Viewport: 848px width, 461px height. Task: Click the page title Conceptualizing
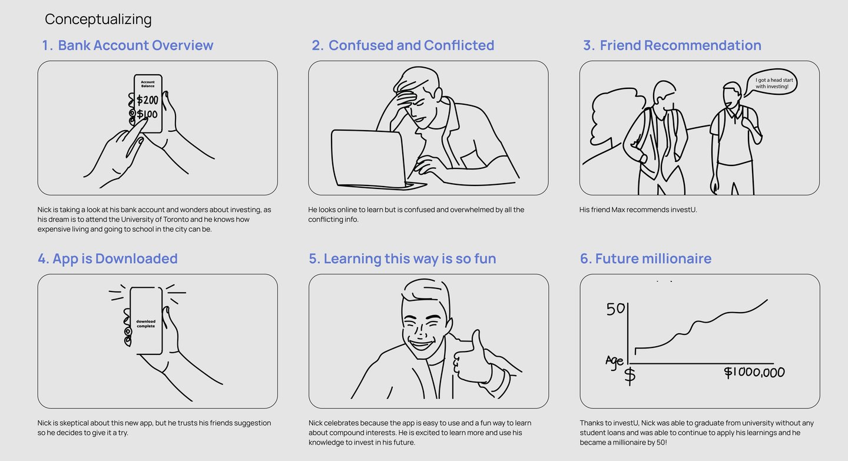tap(98, 19)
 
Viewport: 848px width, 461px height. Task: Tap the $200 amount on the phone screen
tap(147, 100)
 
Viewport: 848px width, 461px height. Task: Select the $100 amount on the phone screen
tap(147, 114)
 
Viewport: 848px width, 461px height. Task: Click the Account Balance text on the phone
tap(148, 84)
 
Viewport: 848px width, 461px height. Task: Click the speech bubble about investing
tap(771, 83)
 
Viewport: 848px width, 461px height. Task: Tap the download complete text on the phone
tap(146, 324)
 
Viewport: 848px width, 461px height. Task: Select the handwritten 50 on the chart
tap(615, 309)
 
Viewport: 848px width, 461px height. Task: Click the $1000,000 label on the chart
tap(754, 372)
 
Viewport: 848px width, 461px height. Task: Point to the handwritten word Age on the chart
tap(614, 361)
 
